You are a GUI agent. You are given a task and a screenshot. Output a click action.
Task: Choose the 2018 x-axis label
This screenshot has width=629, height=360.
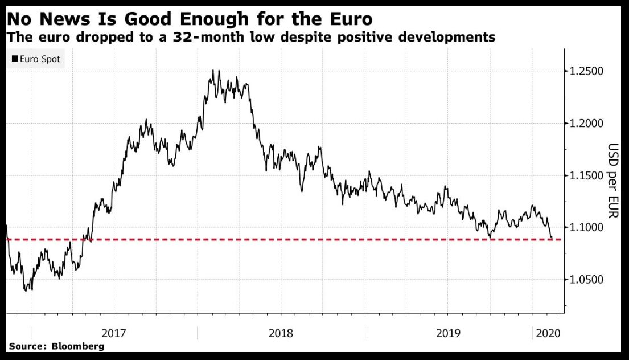point(281,333)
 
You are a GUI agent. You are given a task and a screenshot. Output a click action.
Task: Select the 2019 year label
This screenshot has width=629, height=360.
point(449,333)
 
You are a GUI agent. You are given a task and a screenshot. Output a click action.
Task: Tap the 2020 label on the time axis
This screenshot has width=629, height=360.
point(547,333)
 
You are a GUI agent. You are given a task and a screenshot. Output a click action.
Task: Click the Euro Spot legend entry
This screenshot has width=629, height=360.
point(39,59)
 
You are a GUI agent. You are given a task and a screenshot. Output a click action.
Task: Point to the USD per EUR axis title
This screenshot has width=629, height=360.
point(612,181)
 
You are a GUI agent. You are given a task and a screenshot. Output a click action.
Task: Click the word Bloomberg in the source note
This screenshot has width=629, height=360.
point(78,346)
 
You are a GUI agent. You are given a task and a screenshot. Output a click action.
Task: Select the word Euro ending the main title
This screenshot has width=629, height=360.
point(346,19)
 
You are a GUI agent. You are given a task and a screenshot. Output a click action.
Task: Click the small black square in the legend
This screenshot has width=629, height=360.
point(15,59)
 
